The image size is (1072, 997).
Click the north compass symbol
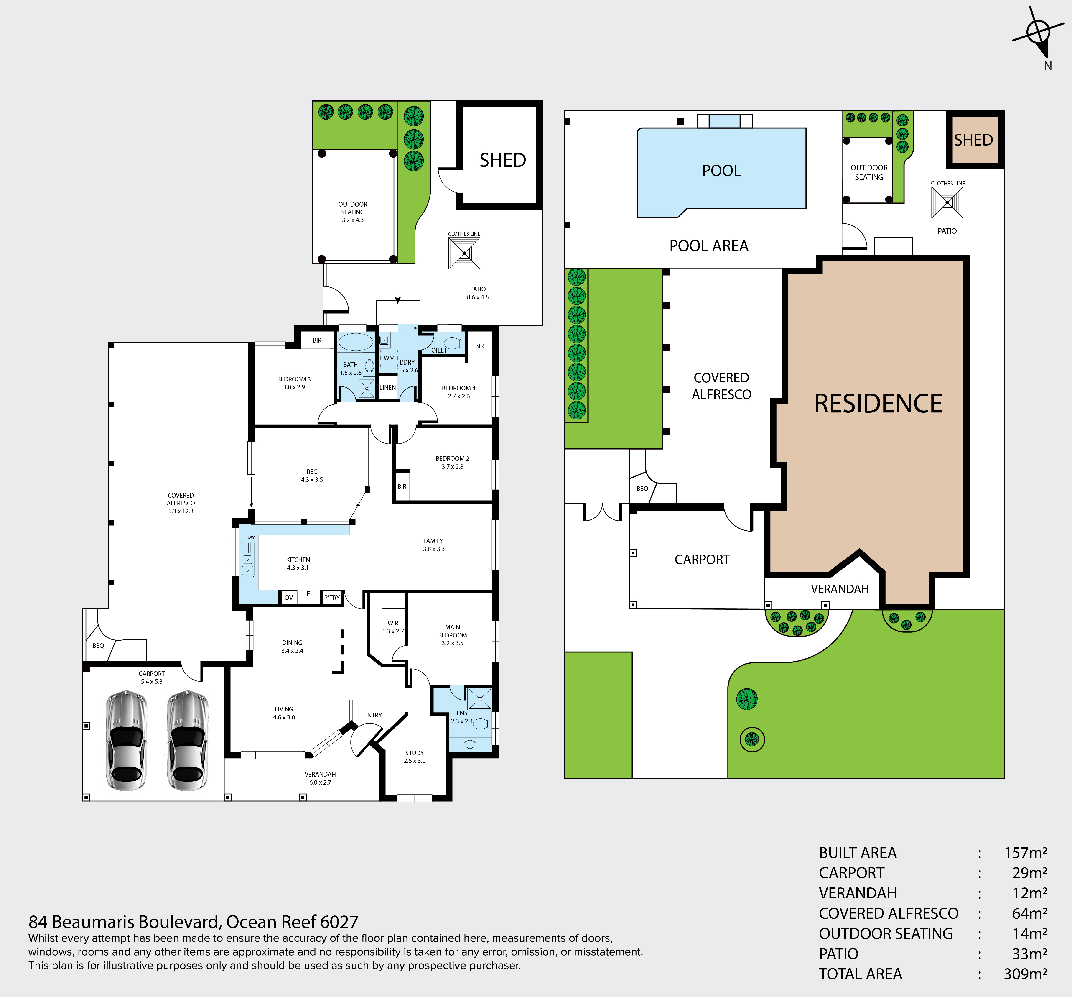click(x=1038, y=33)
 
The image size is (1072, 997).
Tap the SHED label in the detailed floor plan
click(x=503, y=160)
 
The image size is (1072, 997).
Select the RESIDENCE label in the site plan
click(x=878, y=404)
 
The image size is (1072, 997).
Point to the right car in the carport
click(x=187, y=741)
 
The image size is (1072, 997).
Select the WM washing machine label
click(x=389, y=358)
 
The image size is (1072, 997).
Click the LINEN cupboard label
click(x=388, y=387)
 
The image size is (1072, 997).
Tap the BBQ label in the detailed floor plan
click(x=98, y=646)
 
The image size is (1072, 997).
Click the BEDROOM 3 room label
click(x=294, y=379)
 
